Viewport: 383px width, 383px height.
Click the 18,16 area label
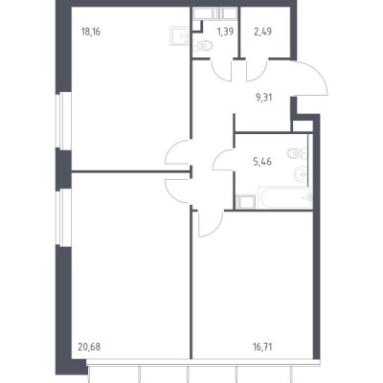click(91, 32)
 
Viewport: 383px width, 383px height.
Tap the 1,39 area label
click(225, 32)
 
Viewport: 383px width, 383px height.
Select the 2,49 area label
click(262, 32)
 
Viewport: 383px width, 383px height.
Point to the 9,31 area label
click(263, 98)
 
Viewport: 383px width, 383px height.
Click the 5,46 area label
click(262, 162)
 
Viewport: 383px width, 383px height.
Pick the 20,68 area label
click(89, 347)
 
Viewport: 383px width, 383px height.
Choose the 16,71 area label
click(262, 347)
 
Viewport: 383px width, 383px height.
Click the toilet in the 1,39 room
click(203, 46)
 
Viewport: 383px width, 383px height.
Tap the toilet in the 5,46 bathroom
click(297, 154)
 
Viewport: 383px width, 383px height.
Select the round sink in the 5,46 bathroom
click(301, 174)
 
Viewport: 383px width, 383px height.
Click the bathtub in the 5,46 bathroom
click(285, 197)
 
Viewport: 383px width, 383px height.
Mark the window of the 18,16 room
click(63, 121)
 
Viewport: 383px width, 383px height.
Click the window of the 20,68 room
click(63, 217)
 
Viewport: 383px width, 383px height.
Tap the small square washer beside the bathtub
click(246, 202)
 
